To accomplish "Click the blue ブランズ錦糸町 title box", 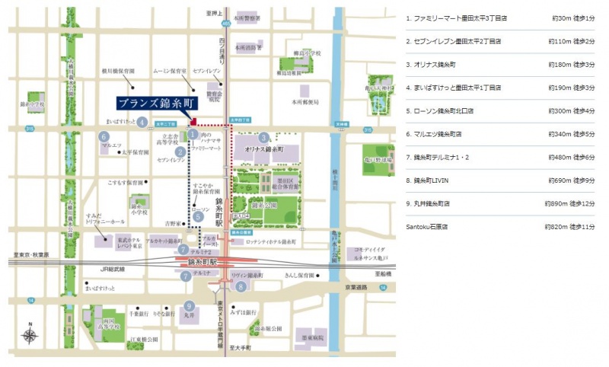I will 155,103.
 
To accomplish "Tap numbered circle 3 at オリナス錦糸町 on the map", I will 263,138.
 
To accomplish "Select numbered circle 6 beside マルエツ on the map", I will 104,136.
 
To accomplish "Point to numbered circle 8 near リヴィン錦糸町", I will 241,287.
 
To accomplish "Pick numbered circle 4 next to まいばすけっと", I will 142,122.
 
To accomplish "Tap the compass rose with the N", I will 30,334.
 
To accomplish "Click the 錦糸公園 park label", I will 263,206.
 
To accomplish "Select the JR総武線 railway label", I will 111,270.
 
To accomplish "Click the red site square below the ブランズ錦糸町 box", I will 193,120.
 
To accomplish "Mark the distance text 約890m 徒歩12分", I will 570,204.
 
